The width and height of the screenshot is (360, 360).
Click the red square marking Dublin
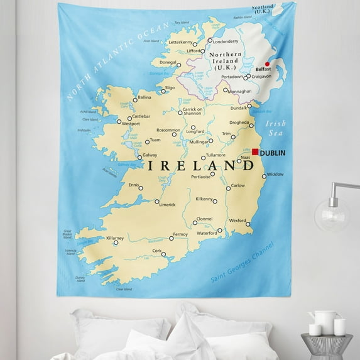255,151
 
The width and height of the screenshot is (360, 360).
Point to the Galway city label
150,155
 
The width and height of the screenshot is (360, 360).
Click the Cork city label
157,251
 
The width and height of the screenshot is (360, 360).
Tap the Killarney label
115,239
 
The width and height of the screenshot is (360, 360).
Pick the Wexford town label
237,221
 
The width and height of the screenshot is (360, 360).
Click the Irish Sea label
275,129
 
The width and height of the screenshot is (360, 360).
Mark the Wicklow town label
276,174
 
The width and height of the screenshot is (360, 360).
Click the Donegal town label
167,63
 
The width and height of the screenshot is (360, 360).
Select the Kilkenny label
204,199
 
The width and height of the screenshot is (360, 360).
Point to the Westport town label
131,124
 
